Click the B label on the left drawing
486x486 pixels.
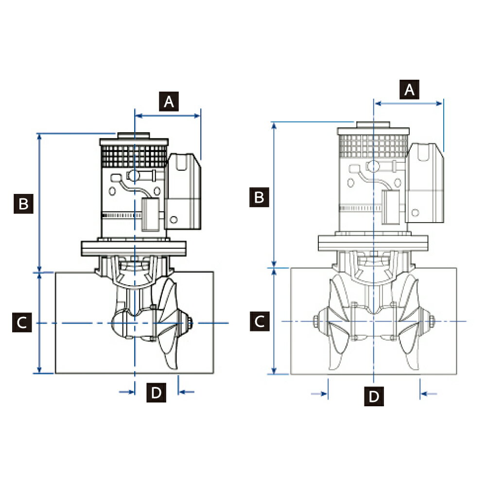coord(23,204)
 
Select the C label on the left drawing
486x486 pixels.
coord(22,323)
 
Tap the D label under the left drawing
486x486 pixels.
coord(156,392)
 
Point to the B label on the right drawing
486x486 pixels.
coord(260,197)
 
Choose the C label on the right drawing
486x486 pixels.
coord(260,321)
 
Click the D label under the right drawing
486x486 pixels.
coord(374,396)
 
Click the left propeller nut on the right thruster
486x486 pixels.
coord(316,321)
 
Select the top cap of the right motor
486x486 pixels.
coord(373,124)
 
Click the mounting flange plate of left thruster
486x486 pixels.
coord(134,248)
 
